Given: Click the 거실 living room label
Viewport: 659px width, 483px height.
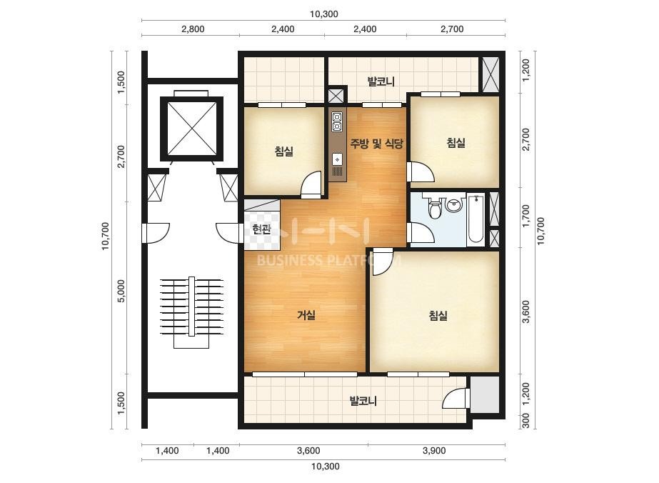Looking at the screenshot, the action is click(306, 314).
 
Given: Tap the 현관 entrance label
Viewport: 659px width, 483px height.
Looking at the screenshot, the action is click(261, 229).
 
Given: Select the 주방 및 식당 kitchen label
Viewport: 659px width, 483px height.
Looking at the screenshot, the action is click(377, 144).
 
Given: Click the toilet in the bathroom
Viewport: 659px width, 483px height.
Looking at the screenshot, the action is click(435, 208).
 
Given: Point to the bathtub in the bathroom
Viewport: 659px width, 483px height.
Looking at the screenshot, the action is click(476, 219).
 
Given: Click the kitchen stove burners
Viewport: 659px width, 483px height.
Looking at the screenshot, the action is click(337, 121).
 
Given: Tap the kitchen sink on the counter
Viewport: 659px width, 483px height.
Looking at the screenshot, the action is click(337, 160).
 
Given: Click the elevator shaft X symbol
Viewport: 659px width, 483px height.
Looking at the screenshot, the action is click(191, 129).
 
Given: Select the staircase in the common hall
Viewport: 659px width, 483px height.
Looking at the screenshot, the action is click(191, 312).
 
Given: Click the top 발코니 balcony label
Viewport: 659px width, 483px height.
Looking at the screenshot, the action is click(381, 81).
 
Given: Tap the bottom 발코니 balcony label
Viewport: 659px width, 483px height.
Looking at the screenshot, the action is click(363, 401).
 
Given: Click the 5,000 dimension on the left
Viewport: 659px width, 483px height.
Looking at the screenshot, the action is click(121, 291).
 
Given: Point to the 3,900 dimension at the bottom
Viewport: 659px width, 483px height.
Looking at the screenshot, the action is click(433, 451).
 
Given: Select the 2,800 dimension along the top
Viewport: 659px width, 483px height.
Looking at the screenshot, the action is click(193, 29).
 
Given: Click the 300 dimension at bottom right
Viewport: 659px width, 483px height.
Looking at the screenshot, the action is click(525, 421).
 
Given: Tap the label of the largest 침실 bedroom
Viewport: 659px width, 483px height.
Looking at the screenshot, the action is click(438, 316).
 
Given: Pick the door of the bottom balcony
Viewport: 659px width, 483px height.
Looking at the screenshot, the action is click(456, 399).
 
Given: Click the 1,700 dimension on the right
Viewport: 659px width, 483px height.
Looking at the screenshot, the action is click(525, 216).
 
